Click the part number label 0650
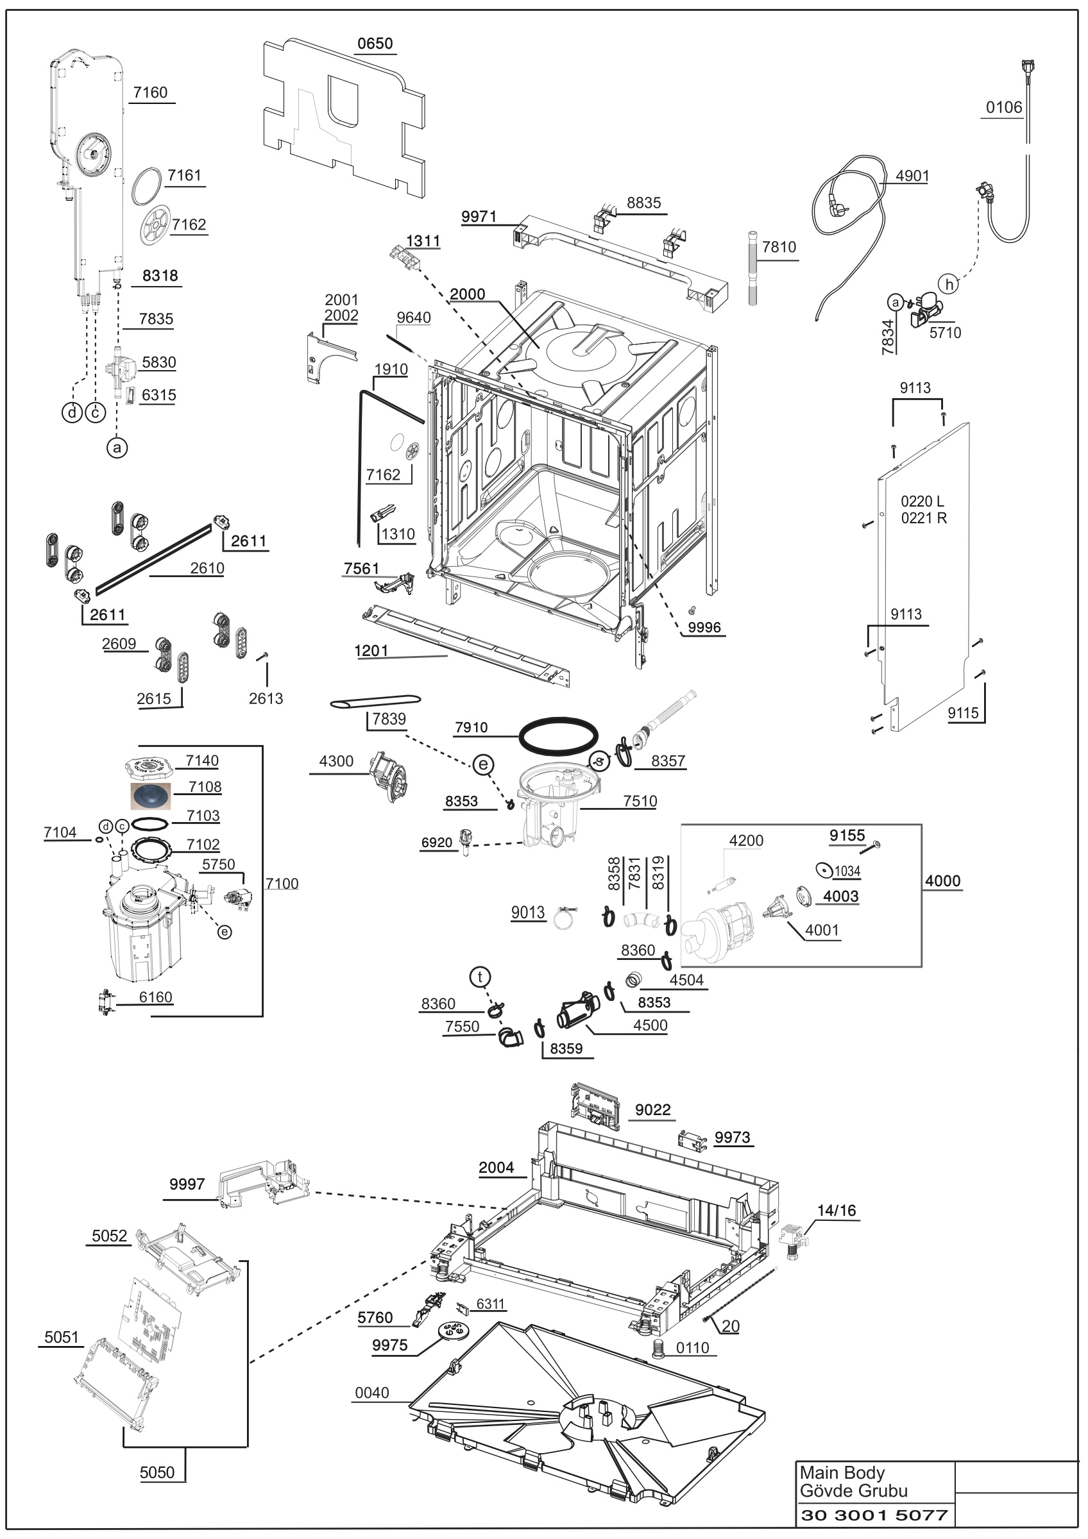click(x=375, y=44)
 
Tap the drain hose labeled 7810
click(x=754, y=268)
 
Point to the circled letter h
click(x=949, y=284)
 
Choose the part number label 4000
click(x=942, y=881)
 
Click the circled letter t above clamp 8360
click(x=480, y=977)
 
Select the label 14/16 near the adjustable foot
click(x=836, y=1211)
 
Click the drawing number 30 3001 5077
click(x=874, y=1515)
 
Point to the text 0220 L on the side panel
click(x=922, y=501)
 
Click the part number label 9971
click(x=479, y=217)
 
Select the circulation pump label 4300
click(x=336, y=761)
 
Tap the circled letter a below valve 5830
click(x=117, y=447)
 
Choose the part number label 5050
click(x=157, y=1473)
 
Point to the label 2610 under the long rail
click(x=207, y=568)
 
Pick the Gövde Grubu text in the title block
click(x=853, y=1492)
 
